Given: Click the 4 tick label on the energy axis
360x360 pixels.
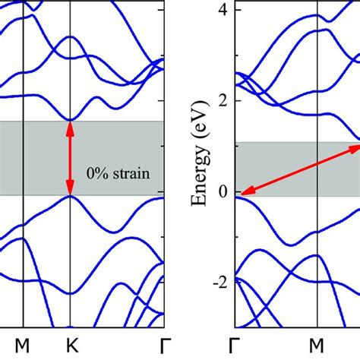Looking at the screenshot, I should (x=223, y=10).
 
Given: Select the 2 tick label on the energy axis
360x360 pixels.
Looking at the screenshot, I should (x=223, y=101).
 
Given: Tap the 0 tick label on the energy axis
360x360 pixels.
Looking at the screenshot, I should (x=223, y=192).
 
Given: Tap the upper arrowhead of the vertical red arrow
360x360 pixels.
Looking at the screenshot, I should (x=70, y=127).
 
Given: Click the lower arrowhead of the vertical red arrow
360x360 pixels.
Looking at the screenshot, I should (x=70, y=190).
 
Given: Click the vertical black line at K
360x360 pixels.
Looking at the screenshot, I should (x=70, y=251).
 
